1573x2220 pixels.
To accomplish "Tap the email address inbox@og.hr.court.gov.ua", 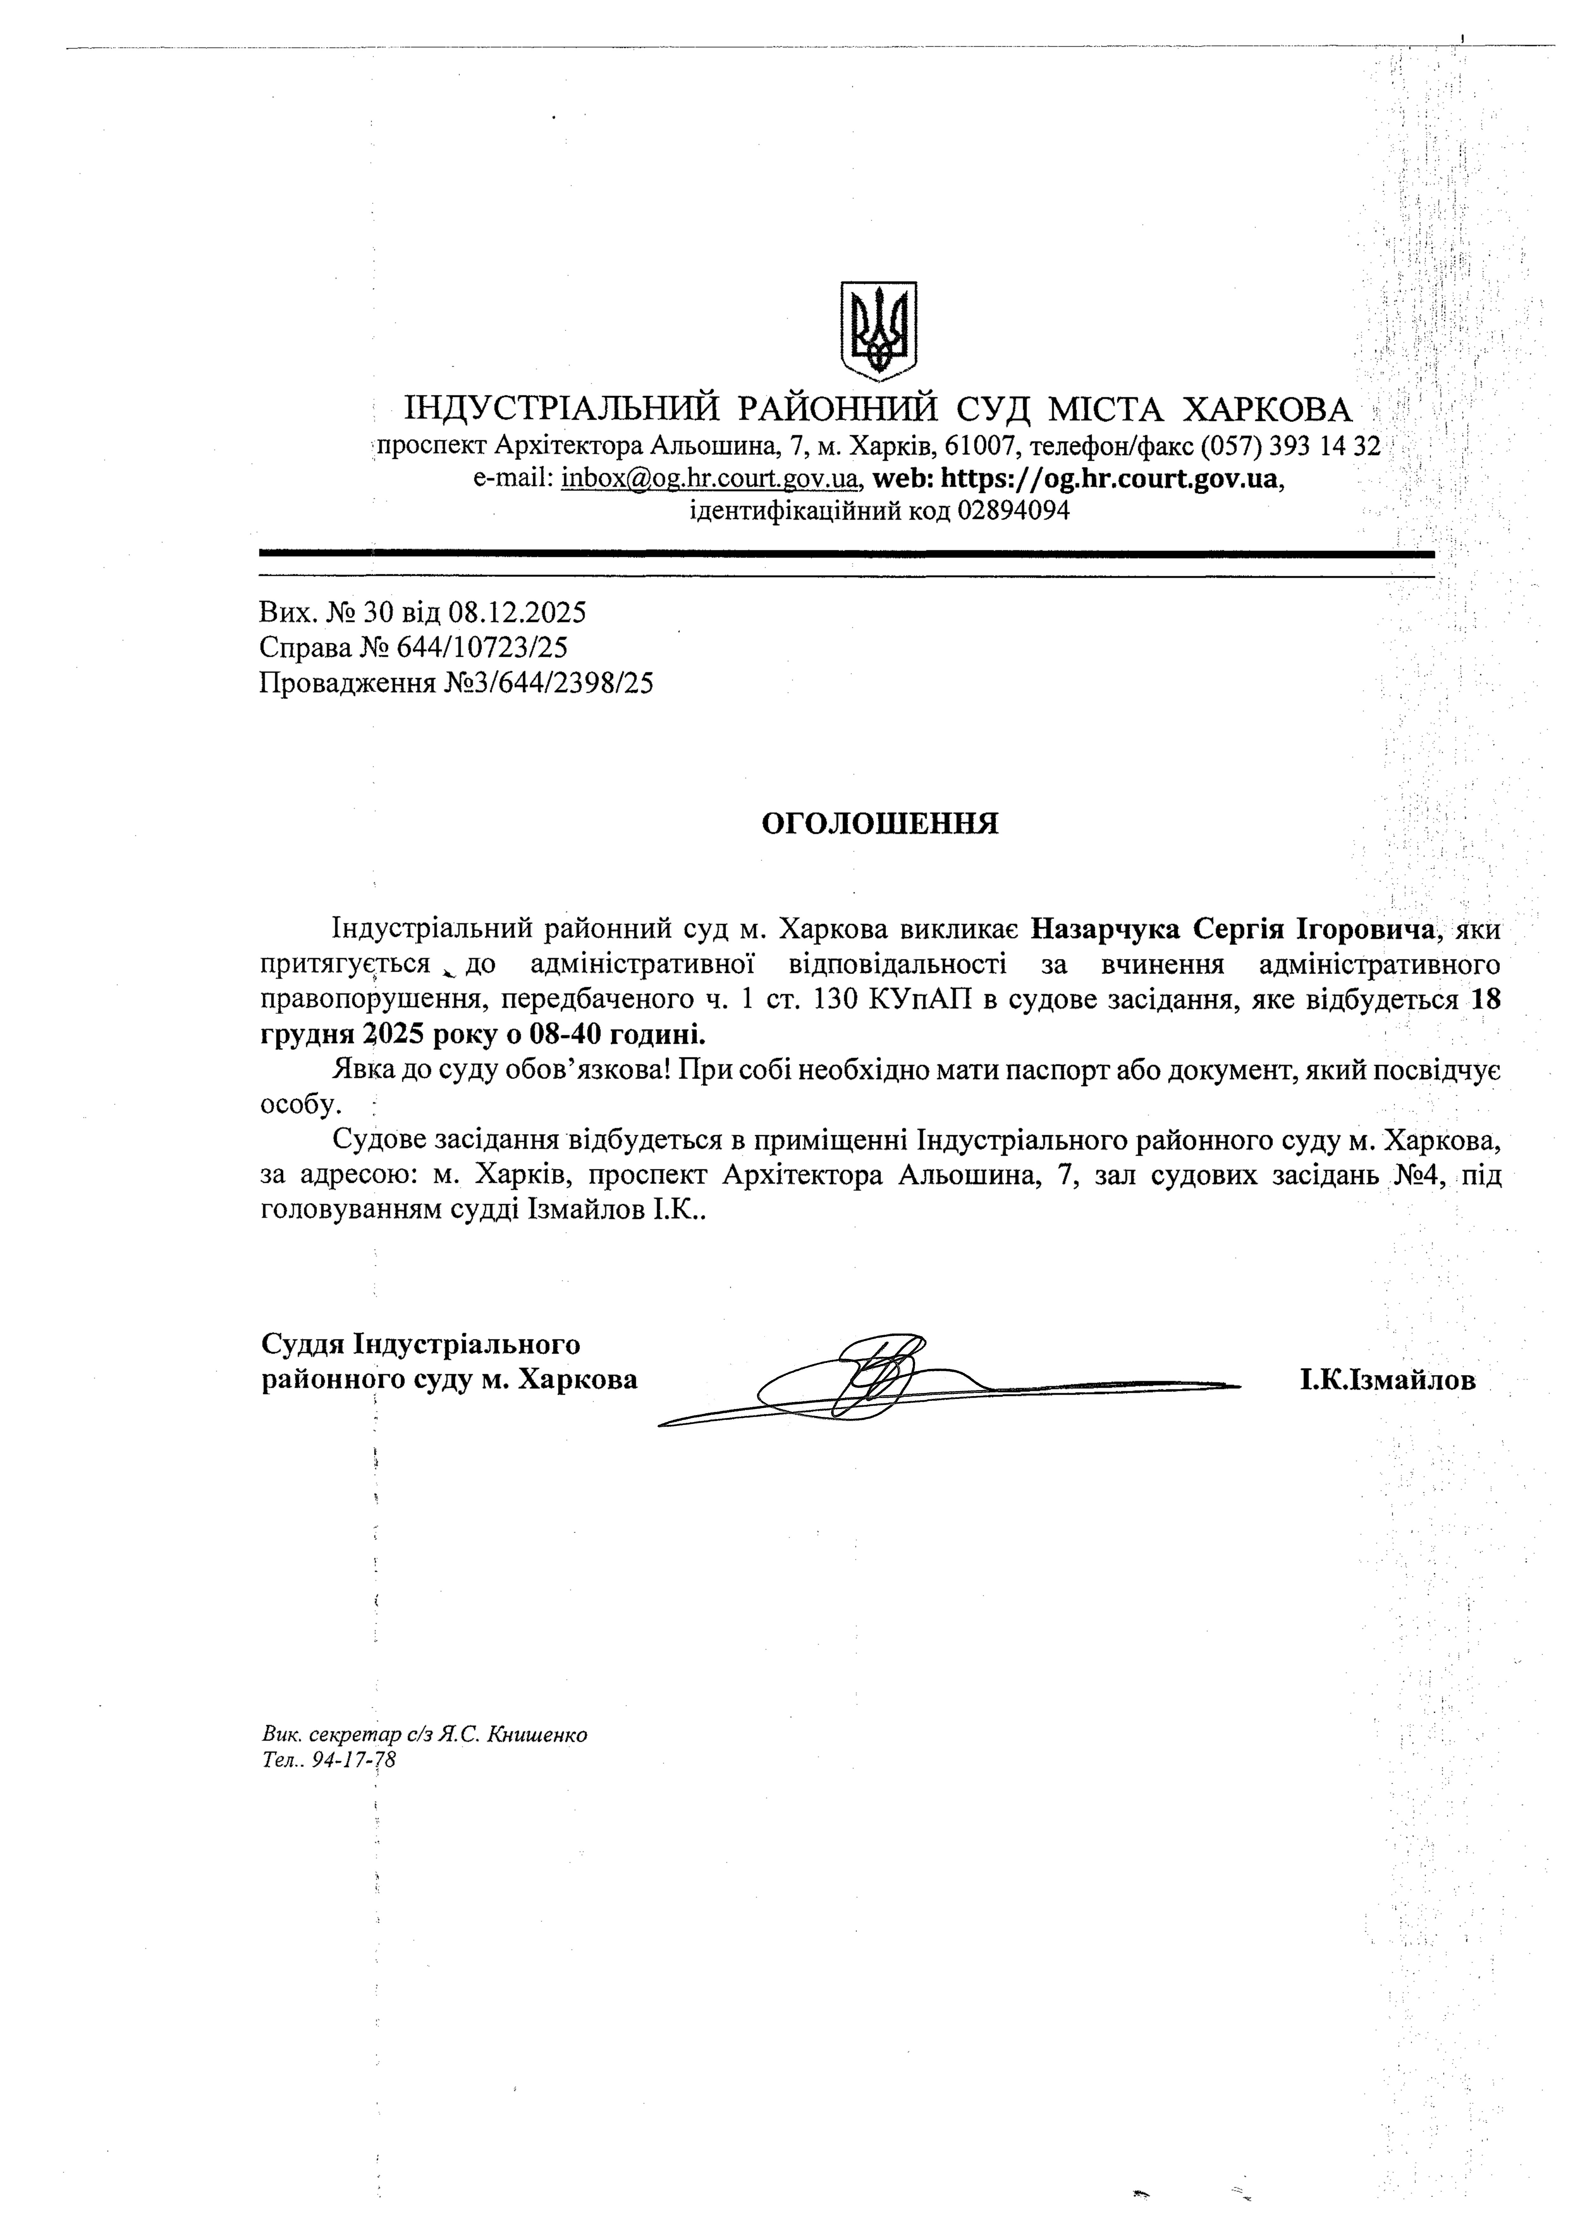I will pos(710,478).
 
